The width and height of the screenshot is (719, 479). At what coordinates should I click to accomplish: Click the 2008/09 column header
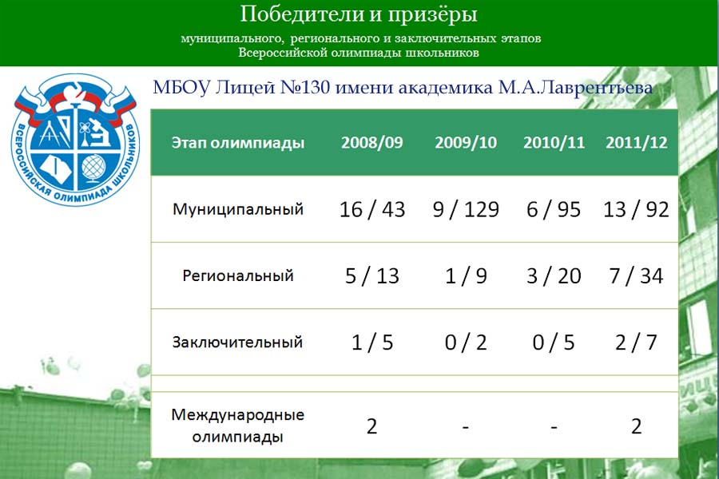coord(371,143)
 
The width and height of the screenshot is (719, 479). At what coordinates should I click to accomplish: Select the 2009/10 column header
coord(466,143)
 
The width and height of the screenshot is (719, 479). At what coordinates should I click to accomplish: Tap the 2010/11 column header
coord(554,143)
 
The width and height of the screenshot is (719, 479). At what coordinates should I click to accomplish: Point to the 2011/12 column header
coord(637,143)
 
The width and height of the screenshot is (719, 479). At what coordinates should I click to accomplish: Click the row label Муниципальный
coord(238,209)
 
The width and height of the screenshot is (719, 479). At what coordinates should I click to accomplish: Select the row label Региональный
coord(238,276)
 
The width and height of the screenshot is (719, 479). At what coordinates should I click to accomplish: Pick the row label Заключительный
coord(237,342)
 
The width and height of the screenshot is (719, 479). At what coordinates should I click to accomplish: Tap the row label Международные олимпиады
coord(237,426)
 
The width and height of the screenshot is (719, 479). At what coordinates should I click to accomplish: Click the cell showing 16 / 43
coord(372,209)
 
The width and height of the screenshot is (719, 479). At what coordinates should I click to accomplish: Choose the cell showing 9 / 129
coord(466,209)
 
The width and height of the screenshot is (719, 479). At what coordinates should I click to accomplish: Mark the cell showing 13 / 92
coord(637,209)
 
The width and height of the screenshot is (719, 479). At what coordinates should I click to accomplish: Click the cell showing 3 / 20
coord(554,276)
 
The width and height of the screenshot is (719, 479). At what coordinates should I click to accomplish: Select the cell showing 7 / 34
coord(637,276)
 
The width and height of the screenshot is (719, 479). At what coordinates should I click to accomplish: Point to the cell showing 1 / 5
coord(372,342)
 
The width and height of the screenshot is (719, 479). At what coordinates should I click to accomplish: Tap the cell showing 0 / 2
coord(466,342)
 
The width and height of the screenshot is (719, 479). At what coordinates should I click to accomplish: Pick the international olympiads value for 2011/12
coord(637,426)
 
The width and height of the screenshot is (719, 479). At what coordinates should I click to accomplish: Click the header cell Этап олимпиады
coord(238,143)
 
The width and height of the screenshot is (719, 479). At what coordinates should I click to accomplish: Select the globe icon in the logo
coord(93,168)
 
